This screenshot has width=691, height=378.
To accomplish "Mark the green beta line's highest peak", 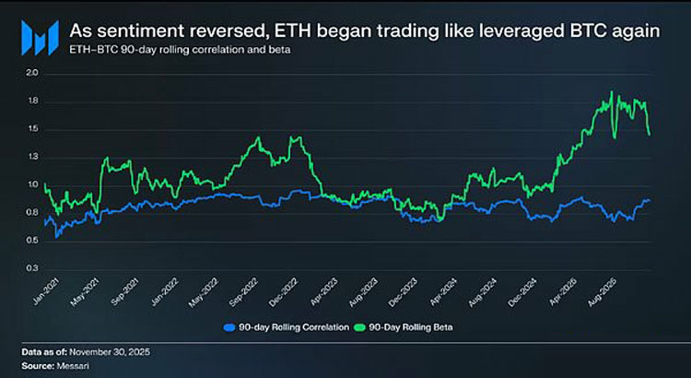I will click(612, 92).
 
